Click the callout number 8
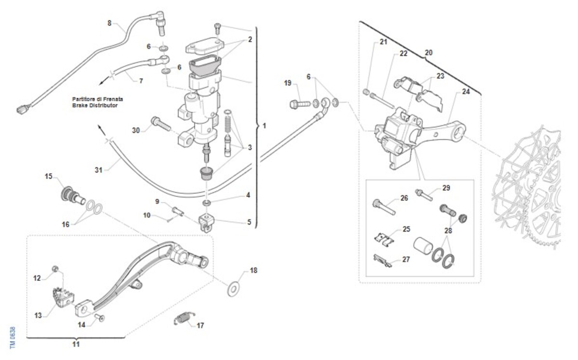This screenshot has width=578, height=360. [109, 23]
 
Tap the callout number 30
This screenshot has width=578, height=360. [136, 130]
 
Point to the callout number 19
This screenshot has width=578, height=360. [288, 83]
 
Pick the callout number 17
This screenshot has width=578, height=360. [200, 325]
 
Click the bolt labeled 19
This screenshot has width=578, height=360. [300, 103]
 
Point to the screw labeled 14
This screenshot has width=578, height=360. [101, 317]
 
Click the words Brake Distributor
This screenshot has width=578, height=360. [95, 105]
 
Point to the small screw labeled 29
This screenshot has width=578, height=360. [424, 194]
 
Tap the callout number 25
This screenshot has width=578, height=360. [406, 229]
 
